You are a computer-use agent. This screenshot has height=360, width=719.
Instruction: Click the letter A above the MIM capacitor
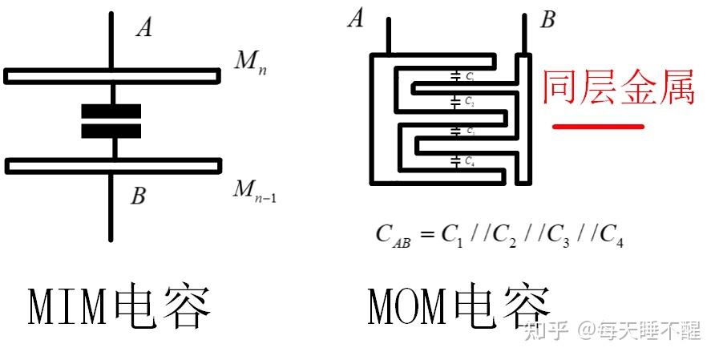[144, 28]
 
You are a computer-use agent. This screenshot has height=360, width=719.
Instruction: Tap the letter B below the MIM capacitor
[138, 195]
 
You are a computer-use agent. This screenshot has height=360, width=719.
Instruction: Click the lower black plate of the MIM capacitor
[111, 131]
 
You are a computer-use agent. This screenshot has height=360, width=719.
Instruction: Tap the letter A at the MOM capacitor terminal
[356, 18]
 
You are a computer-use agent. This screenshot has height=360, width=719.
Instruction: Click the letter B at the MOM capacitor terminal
[547, 18]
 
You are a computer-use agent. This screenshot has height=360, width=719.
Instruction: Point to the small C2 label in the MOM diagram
[469, 103]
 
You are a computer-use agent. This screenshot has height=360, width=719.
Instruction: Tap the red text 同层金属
[618, 87]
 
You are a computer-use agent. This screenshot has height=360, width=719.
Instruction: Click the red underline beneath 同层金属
[599, 127]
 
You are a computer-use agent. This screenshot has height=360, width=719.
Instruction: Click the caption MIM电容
[120, 307]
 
